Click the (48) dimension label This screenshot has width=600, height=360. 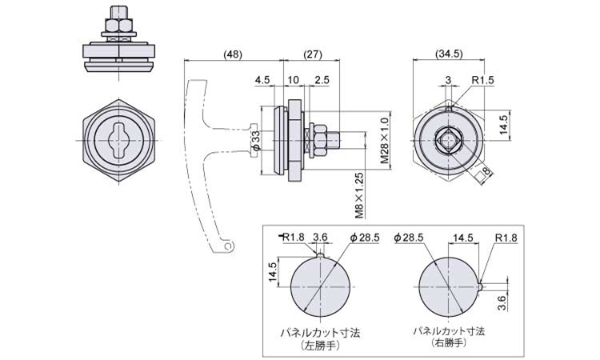tap(233, 54)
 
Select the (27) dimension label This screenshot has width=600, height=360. tap(313, 54)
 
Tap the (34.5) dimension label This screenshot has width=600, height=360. tap(450, 54)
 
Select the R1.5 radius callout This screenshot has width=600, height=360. tap(482, 80)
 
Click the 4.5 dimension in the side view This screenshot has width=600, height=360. tap(262, 80)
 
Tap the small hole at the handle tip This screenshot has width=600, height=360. tap(228, 247)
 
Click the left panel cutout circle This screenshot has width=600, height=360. tap(320, 286)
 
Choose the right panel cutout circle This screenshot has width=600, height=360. tap(448, 286)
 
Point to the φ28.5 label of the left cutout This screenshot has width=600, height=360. tap(365, 237)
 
